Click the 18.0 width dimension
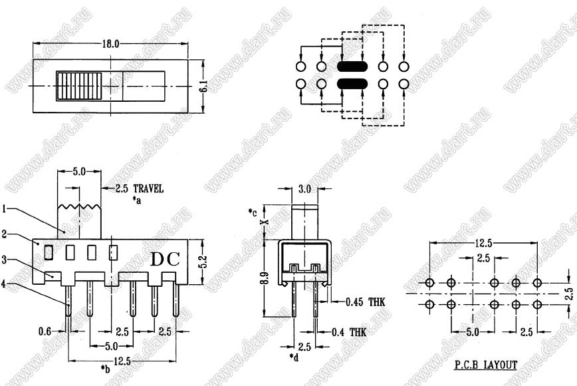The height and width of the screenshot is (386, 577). point(111,44)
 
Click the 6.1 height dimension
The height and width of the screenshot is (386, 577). point(205,87)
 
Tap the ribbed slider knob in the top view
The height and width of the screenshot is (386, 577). point(78,87)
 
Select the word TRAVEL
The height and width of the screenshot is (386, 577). point(148,189)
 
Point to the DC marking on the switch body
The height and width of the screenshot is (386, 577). point(166,259)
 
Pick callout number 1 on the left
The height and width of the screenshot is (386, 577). point(5,209)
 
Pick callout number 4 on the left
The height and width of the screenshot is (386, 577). point(4,284)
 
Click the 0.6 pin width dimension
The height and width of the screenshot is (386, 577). point(45,331)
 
